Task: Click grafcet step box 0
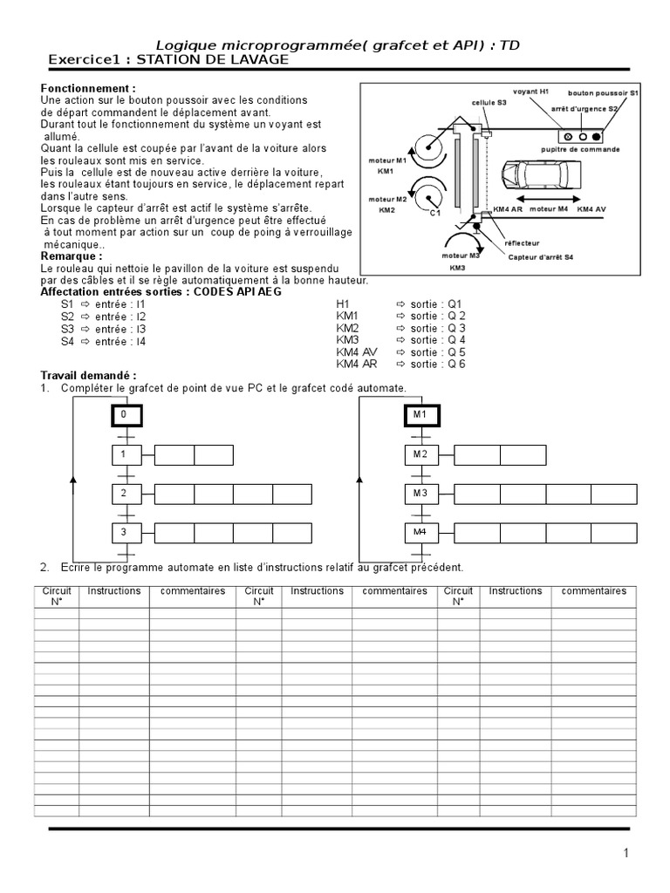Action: (126, 415)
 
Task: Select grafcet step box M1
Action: (420, 415)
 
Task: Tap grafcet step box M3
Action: (420, 494)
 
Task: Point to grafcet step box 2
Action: (126, 494)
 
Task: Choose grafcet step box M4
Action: (420, 532)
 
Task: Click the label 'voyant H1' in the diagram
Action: (531, 92)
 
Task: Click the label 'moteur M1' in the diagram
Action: (388, 161)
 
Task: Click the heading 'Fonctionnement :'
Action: (88, 89)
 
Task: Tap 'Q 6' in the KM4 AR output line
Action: (456, 364)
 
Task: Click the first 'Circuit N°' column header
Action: (57, 596)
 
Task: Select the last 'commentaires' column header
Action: (593, 591)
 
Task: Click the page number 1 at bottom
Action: (626, 854)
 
